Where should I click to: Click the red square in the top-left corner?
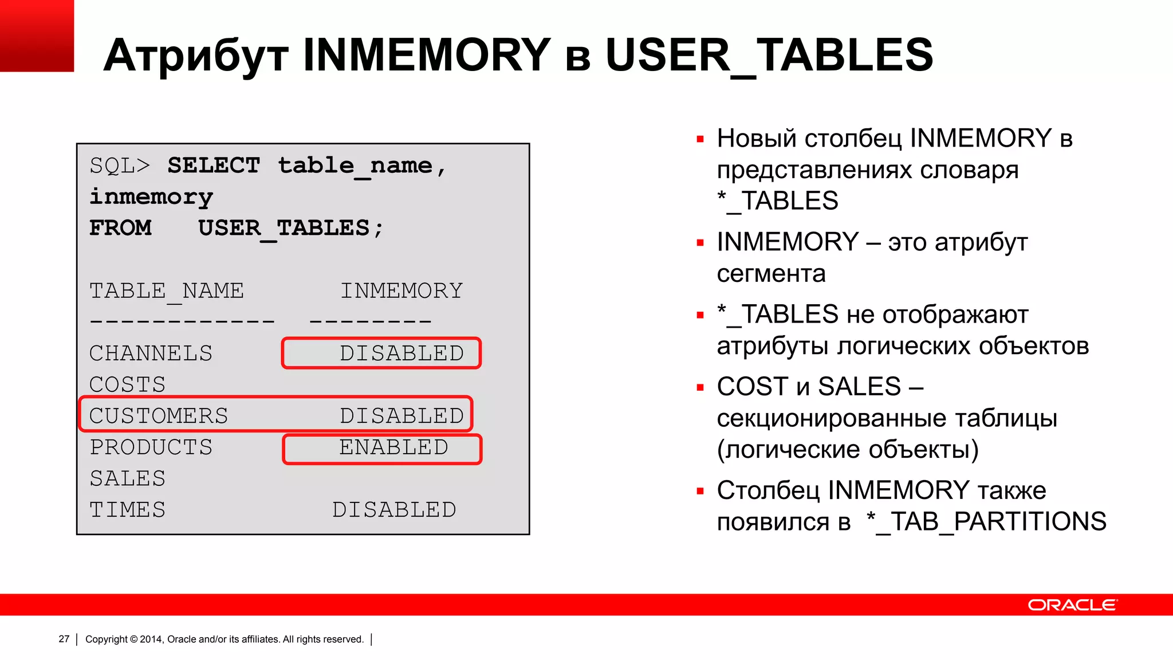[37, 36]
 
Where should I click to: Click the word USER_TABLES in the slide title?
[769, 55]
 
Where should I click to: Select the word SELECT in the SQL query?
[214, 166]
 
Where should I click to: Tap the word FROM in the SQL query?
[121, 228]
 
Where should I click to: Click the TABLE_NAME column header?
[167, 291]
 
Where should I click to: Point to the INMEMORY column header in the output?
[402, 291]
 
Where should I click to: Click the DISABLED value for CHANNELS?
[402, 353]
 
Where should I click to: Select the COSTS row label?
[128, 384]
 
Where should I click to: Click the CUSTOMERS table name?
[159, 416]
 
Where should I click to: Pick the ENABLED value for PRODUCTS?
[393, 447]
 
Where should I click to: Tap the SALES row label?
[128, 478]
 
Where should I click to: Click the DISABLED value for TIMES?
[394, 510]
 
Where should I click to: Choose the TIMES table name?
[128, 510]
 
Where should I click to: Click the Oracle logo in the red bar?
[1072, 605]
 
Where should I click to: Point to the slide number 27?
[64, 639]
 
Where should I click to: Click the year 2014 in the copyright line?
[151, 639]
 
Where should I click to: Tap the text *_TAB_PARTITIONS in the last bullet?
[986, 522]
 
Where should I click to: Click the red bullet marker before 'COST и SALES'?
[700, 388]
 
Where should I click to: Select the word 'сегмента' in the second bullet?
[771, 274]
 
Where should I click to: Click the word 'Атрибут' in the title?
[196, 56]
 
